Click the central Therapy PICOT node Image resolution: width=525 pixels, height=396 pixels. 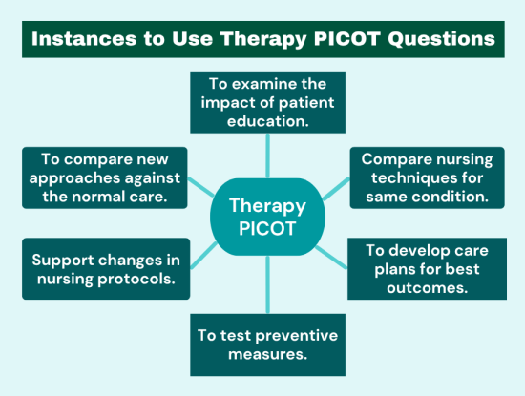pos(266,218)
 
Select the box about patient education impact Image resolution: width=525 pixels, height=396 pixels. pos(266,102)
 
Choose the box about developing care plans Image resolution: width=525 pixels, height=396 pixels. pos(425,268)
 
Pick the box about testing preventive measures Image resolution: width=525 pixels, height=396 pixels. pos(266,344)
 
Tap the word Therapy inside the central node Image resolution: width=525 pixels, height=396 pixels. pos(266,205)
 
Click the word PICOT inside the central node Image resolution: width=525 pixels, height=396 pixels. pos(266,231)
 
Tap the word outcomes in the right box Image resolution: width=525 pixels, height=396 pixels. pos(425,289)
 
